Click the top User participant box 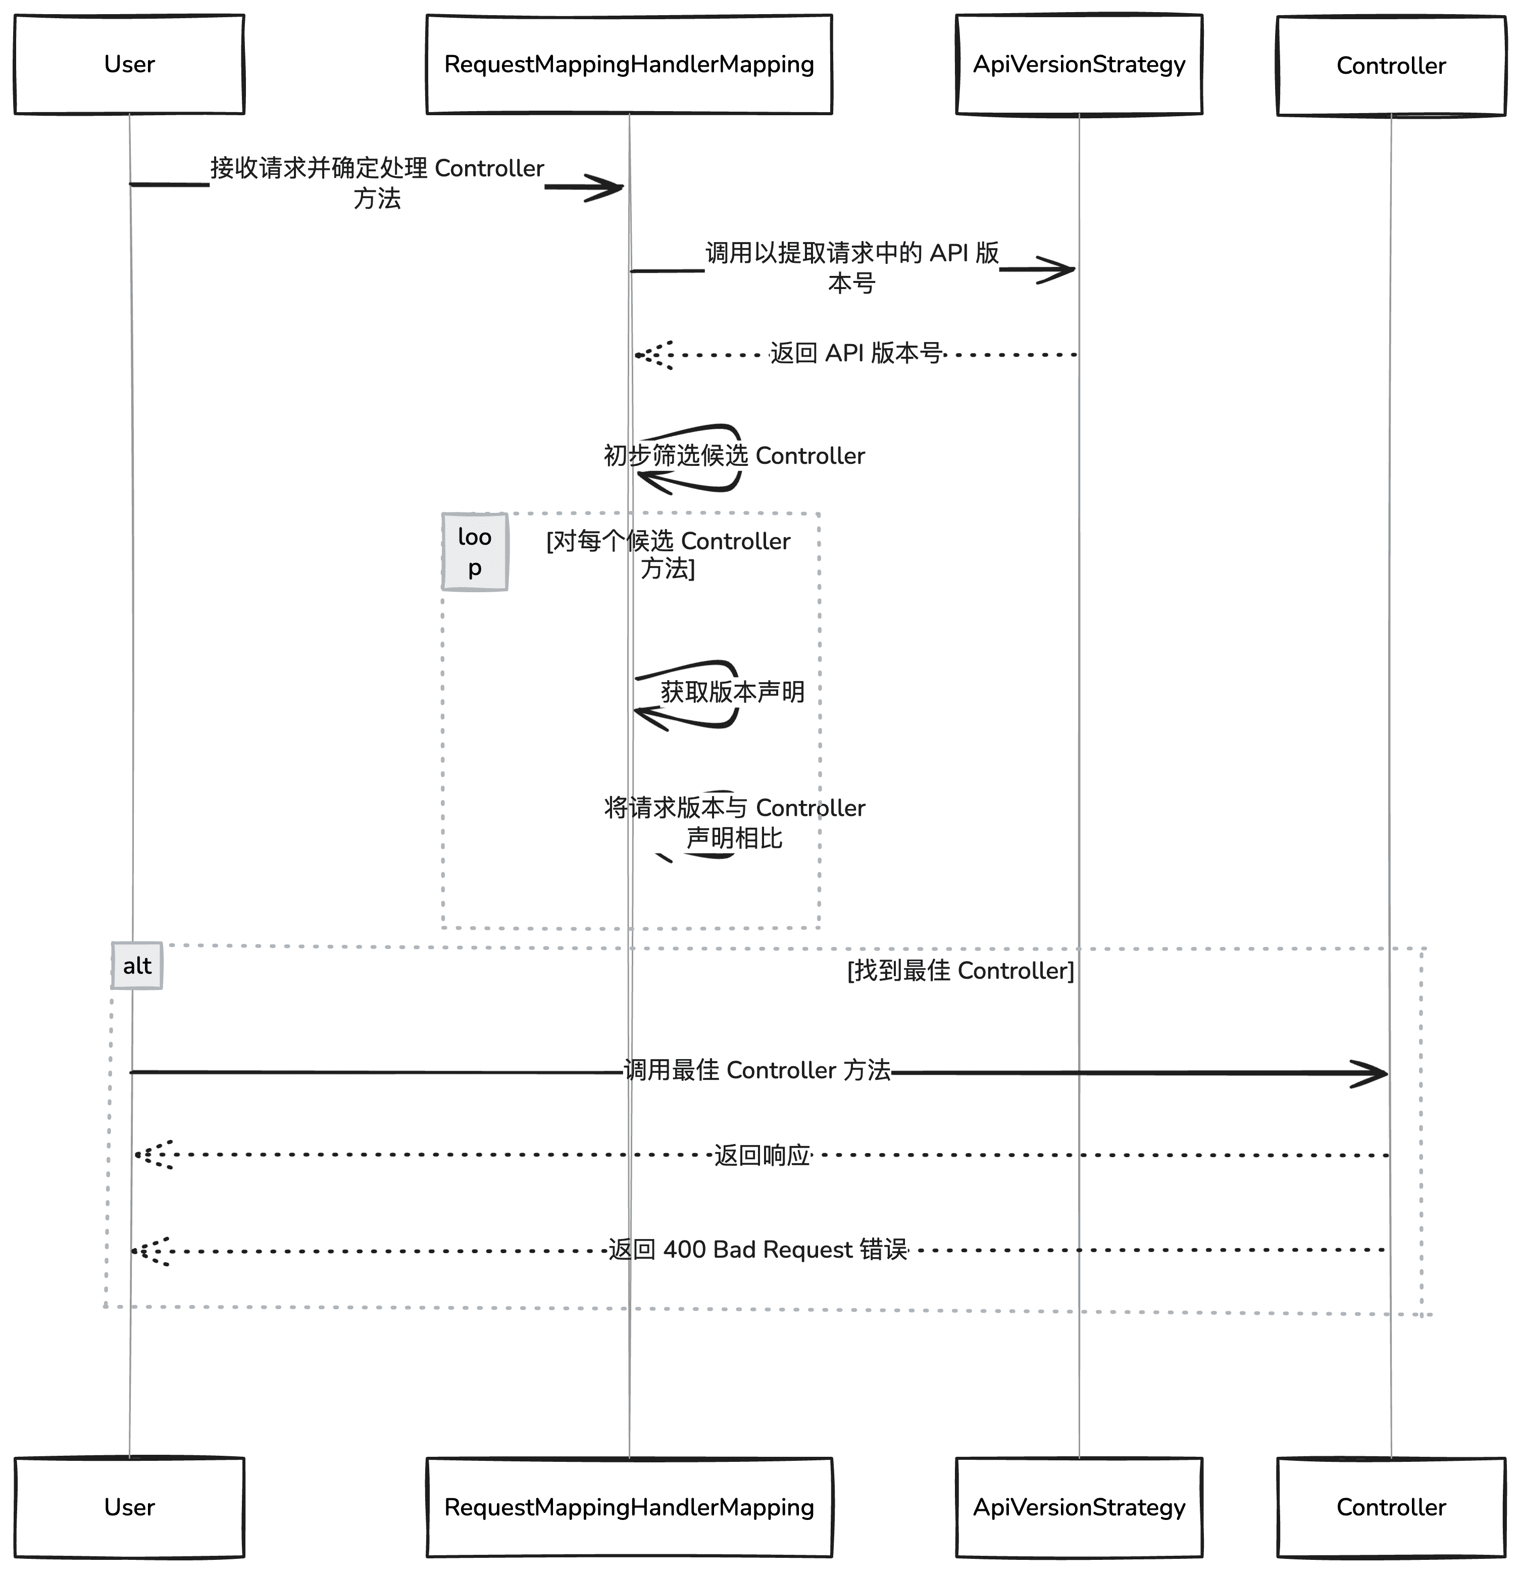(129, 64)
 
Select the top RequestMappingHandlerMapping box (629, 64)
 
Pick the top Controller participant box (1391, 66)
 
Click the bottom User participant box (129, 1507)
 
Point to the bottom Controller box (1391, 1507)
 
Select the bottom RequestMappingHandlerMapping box (629, 1507)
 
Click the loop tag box (475, 552)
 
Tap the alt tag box (137, 966)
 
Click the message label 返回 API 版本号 (855, 353)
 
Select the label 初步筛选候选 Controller (734, 456)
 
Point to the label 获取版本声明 (732, 691)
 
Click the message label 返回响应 (762, 1155)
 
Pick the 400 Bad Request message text (757, 1250)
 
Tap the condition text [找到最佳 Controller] (960, 971)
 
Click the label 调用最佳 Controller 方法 (757, 1070)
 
